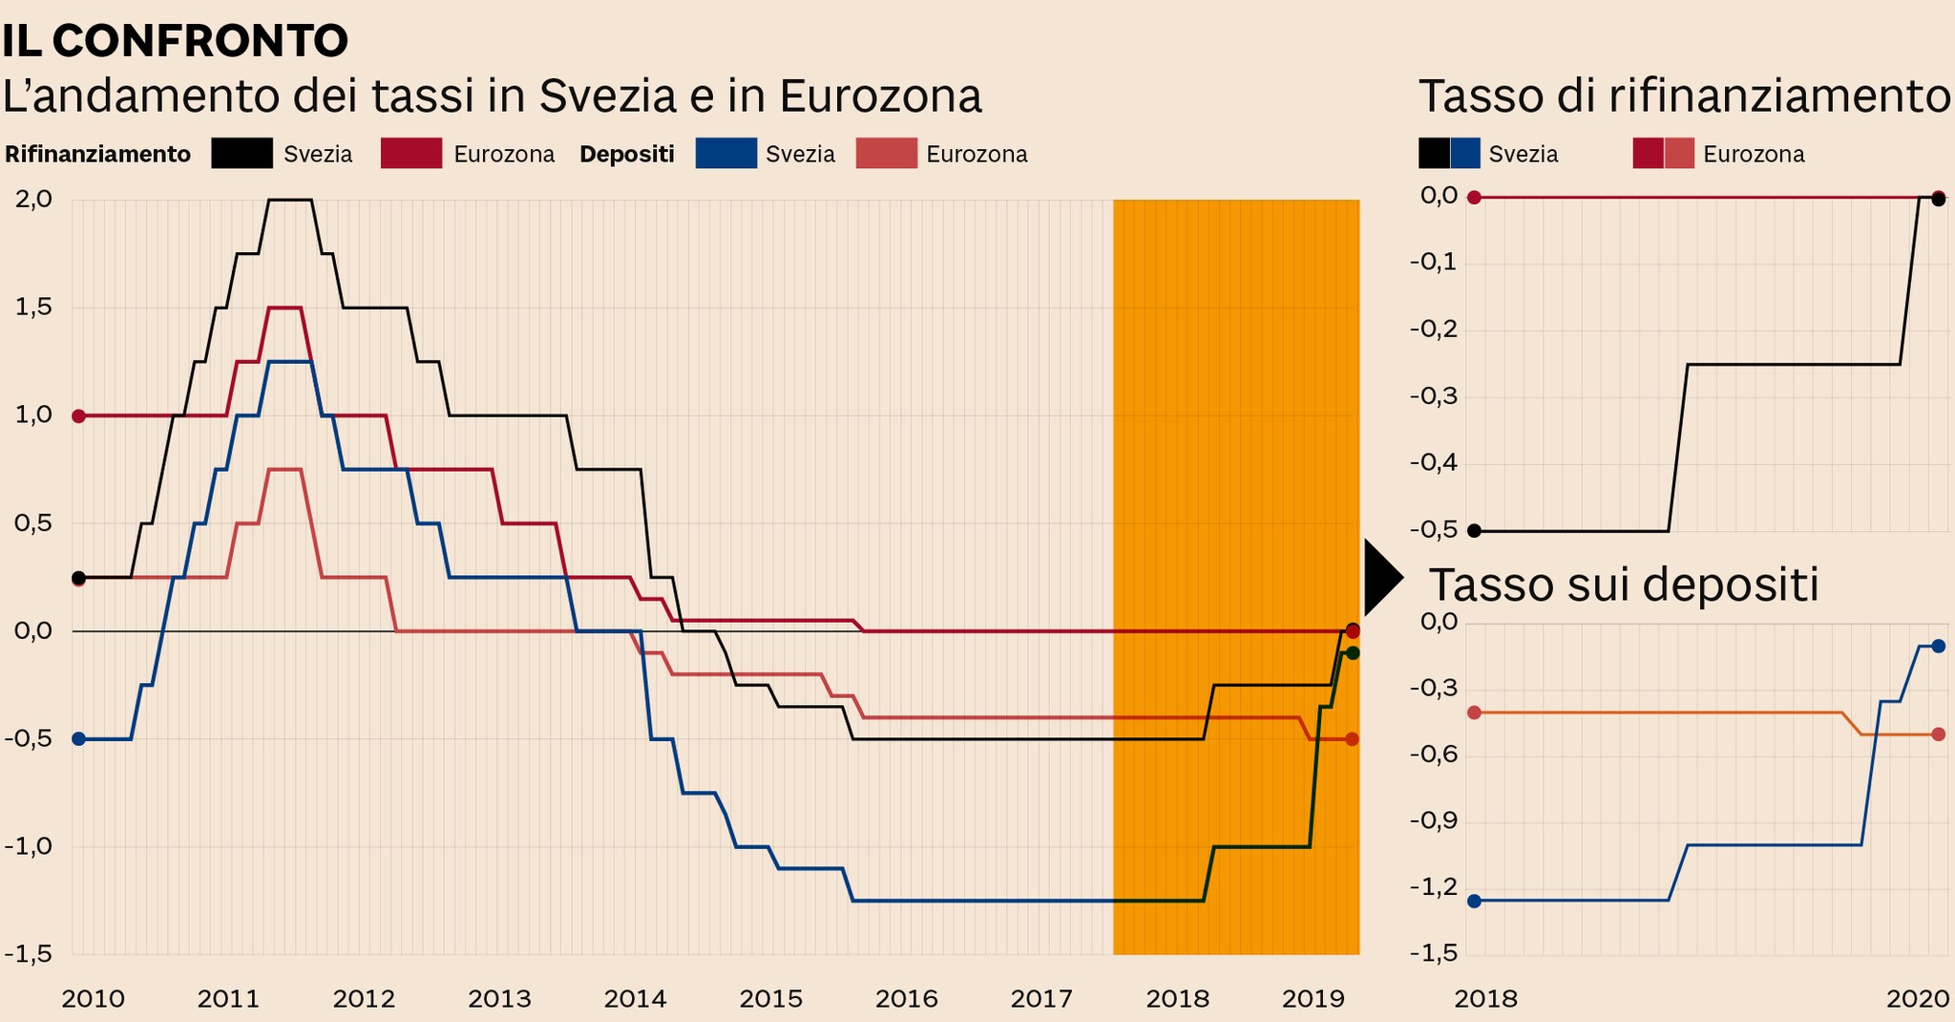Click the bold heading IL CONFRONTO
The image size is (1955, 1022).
(176, 40)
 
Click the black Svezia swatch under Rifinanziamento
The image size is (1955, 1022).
(242, 154)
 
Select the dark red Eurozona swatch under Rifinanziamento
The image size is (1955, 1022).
(410, 154)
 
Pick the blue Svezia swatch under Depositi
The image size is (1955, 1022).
(725, 154)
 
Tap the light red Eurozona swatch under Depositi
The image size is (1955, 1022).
(886, 154)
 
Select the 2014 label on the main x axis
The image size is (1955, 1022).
(635, 999)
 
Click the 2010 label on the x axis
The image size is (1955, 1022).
(93, 999)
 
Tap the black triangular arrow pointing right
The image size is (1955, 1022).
(1381, 577)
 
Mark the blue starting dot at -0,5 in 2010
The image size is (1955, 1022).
(79, 738)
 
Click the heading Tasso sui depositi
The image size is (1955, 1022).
(1623, 585)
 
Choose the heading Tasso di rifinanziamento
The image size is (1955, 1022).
(1685, 96)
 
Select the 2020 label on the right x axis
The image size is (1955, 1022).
(1916, 999)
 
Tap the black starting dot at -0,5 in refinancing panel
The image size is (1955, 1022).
(1474, 530)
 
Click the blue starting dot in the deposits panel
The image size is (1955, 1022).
(1474, 901)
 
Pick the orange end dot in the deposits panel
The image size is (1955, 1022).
(1938, 734)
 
